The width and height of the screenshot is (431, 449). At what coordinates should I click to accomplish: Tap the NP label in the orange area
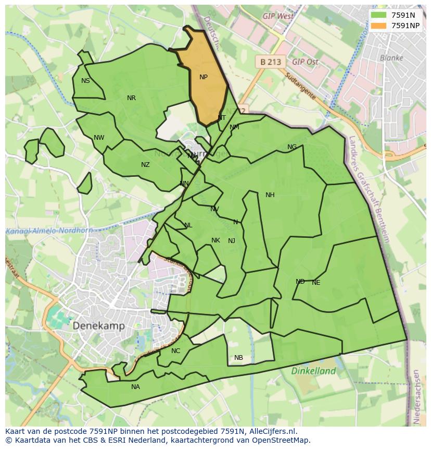(204, 77)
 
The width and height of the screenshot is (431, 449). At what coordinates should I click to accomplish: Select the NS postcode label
(85, 81)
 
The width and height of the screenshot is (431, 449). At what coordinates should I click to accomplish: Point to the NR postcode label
(131, 98)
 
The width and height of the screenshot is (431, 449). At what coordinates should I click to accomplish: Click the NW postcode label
(99, 138)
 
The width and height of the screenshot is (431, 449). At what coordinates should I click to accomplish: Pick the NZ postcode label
(145, 165)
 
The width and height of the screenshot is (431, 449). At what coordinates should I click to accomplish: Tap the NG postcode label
(292, 147)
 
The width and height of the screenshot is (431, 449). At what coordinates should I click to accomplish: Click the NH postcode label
(270, 195)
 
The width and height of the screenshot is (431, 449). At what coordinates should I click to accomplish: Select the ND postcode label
(300, 282)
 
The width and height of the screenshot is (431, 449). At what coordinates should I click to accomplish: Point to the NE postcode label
(316, 283)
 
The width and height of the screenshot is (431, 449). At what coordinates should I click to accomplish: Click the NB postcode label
(238, 358)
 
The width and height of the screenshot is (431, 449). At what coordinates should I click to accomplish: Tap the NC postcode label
(175, 351)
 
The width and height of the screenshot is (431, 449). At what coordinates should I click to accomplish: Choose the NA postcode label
(135, 387)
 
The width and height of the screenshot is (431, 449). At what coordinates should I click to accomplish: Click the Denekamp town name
(98, 326)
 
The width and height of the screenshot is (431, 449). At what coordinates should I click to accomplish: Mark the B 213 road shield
(271, 62)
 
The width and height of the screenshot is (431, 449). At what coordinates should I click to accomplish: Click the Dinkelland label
(313, 371)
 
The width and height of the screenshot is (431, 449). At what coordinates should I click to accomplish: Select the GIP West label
(278, 16)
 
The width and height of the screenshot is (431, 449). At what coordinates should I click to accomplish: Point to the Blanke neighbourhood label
(391, 58)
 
